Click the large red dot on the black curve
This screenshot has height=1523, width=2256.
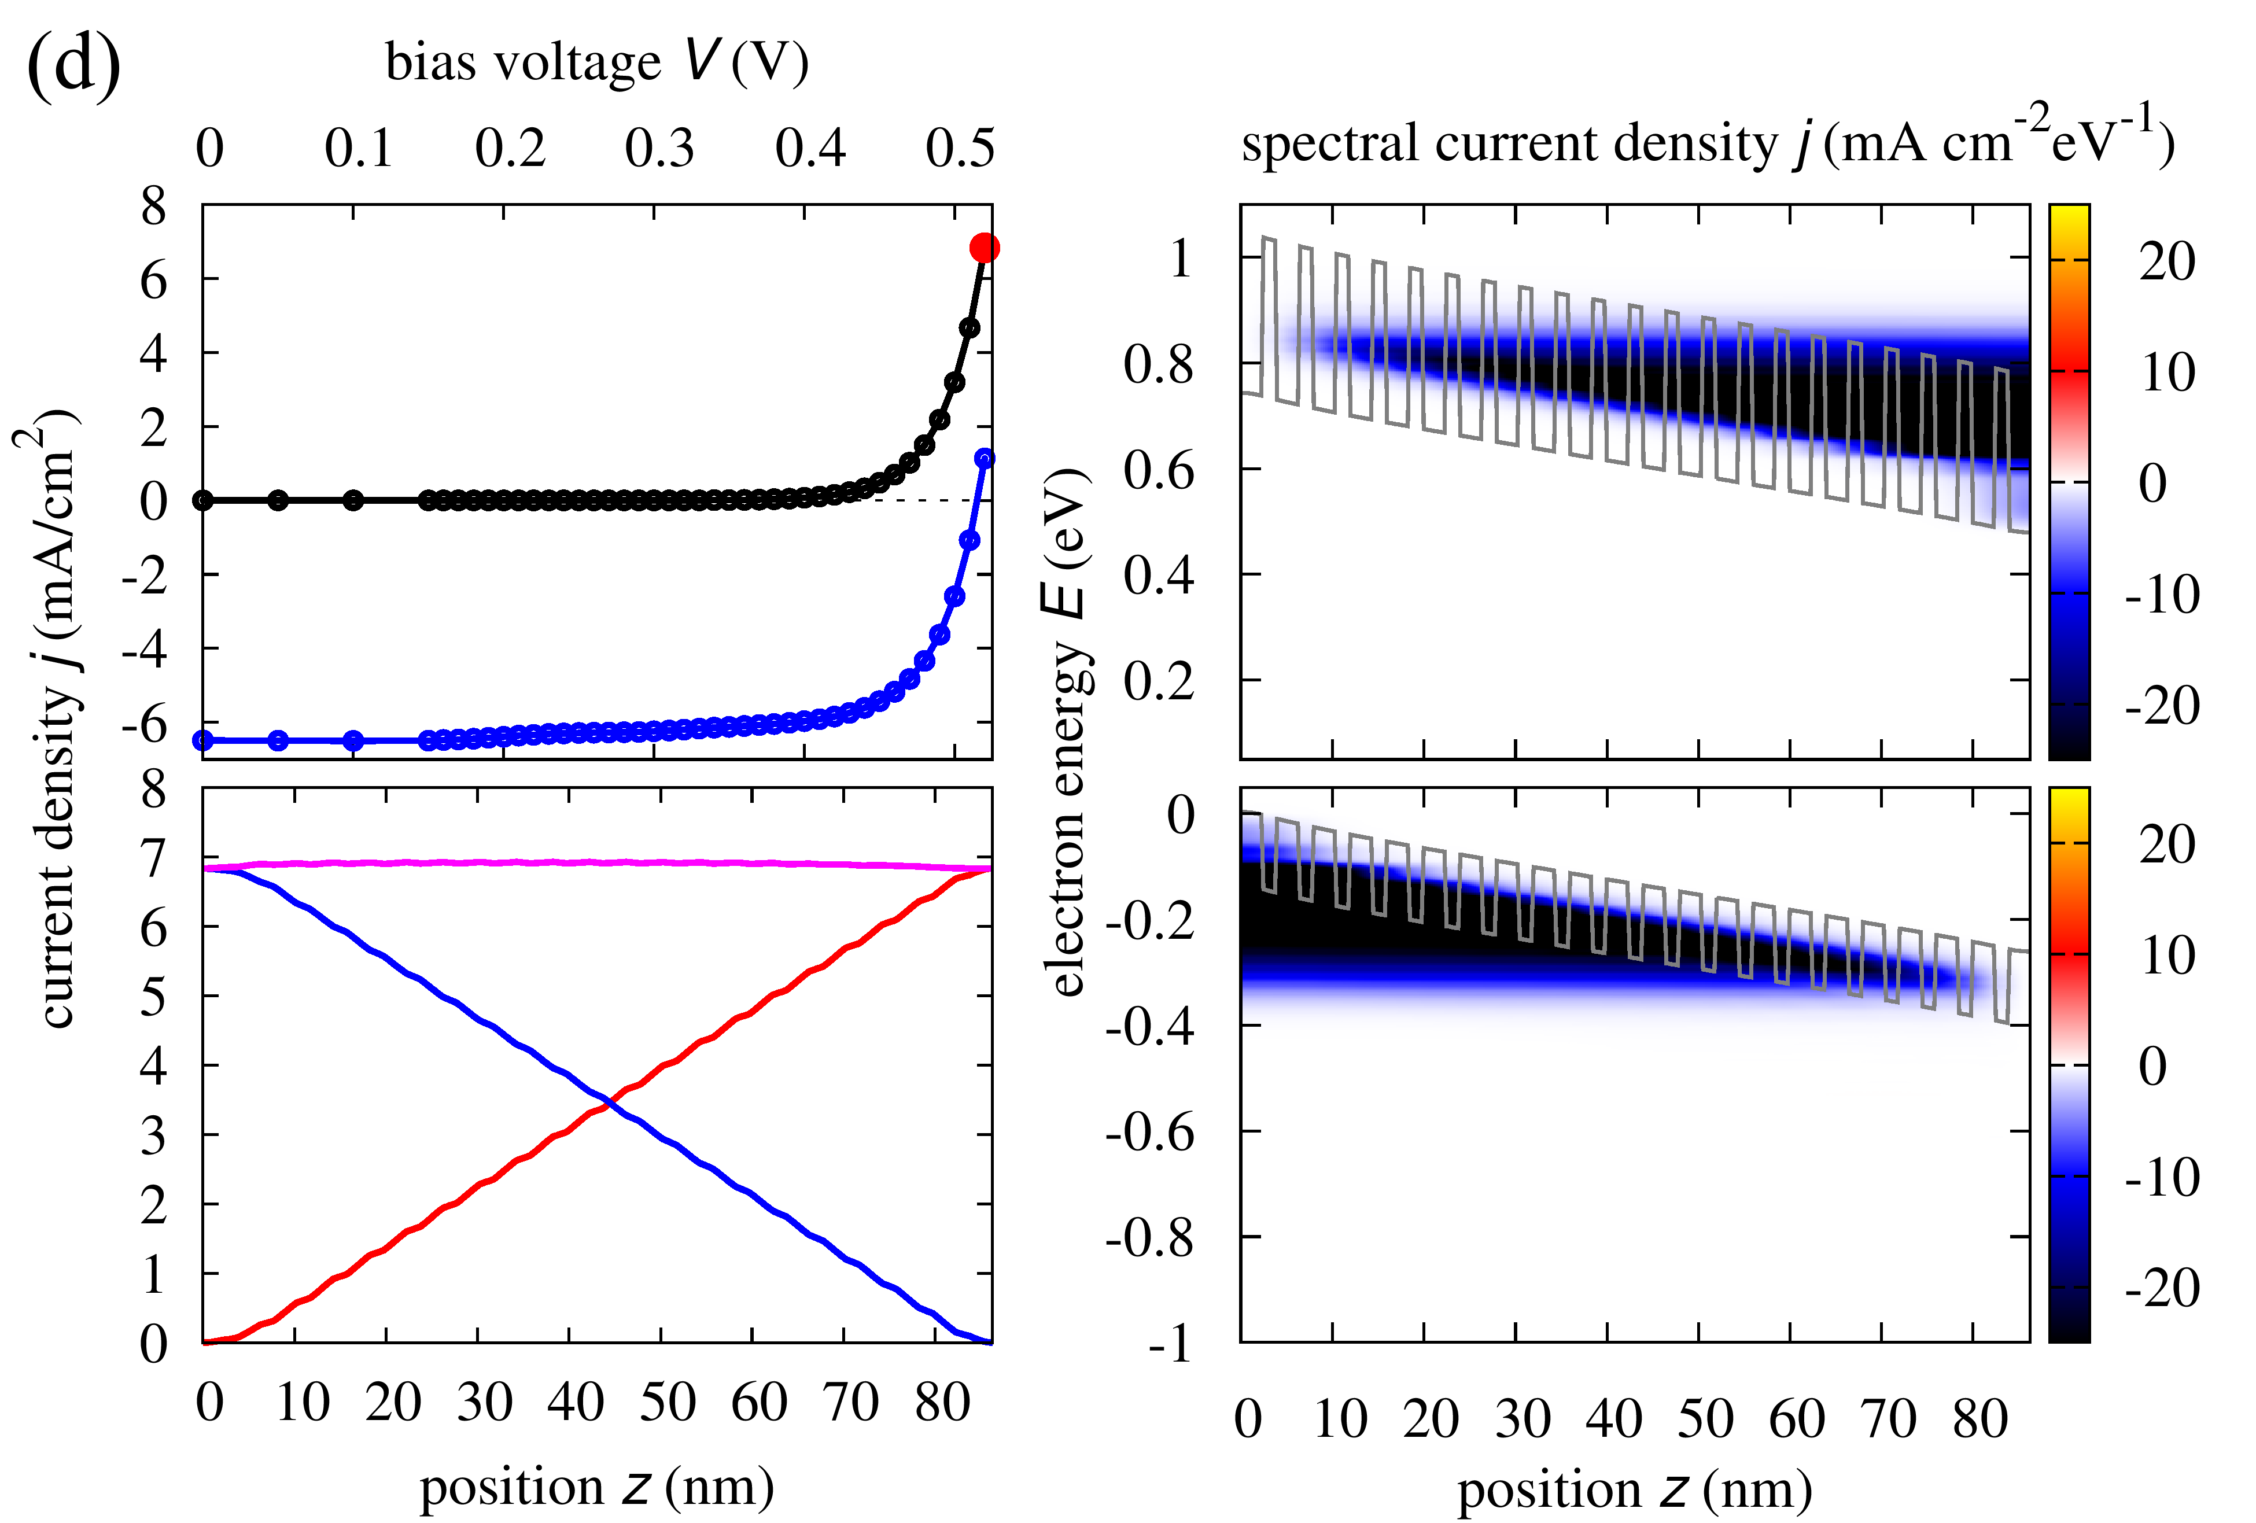click(x=985, y=249)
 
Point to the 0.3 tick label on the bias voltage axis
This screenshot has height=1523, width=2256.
click(x=660, y=149)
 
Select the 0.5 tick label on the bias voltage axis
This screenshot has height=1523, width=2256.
click(x=960, y=149)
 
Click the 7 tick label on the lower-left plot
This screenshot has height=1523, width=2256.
click(x=153, y=858)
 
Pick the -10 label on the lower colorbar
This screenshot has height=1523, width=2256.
click(x=2163, y=1178)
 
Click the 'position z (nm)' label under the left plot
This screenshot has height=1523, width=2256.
click(x=597, y=1487)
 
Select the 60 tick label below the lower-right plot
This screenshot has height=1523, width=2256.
click(x=1797, y=1419)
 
